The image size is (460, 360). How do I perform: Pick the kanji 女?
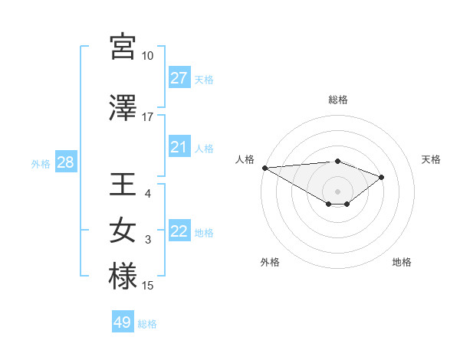point(123,231)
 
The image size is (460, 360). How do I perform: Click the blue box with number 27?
point(179,78)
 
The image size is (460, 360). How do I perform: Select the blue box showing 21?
point(179,147)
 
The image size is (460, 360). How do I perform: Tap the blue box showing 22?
point(179,232)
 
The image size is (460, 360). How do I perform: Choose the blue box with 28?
point(65,162)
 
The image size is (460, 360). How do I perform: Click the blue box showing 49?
point(123,322)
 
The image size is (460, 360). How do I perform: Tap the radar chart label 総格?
point(337,100)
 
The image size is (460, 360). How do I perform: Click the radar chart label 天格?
point(431,159)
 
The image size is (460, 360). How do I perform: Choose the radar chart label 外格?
point(270,263)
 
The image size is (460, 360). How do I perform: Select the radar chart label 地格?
point(402,263)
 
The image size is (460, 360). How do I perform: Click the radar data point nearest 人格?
point(264,167)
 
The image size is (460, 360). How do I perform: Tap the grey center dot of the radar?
point(337,191)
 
